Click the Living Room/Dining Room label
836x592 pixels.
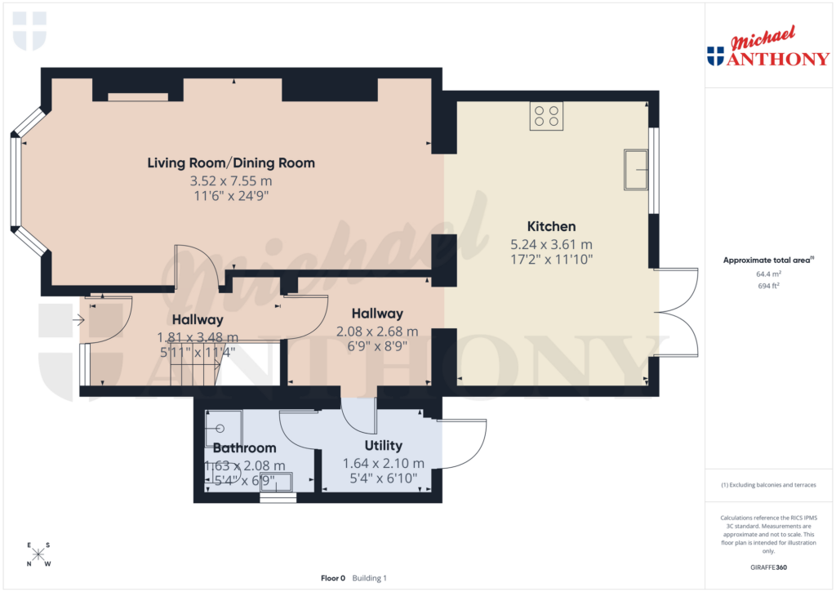point(231,163)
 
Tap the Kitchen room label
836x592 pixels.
point(551,226)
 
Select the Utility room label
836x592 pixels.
point(383,446)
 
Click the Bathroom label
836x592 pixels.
point(244,448)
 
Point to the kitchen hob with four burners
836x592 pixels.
point(546,116)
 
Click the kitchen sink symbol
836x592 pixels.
point(636,169)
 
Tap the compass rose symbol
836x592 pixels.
point(38,554)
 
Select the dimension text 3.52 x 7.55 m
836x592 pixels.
point(231,180)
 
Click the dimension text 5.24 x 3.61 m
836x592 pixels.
point(551,244)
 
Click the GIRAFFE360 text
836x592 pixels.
point(768,567)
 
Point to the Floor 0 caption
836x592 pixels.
point(333,578)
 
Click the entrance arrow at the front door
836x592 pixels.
point(78,320)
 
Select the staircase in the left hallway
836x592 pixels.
point(194,364)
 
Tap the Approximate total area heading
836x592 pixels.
point(767,260)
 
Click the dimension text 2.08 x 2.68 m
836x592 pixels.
point(377,332)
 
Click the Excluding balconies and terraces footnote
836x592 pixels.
point(768,485)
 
